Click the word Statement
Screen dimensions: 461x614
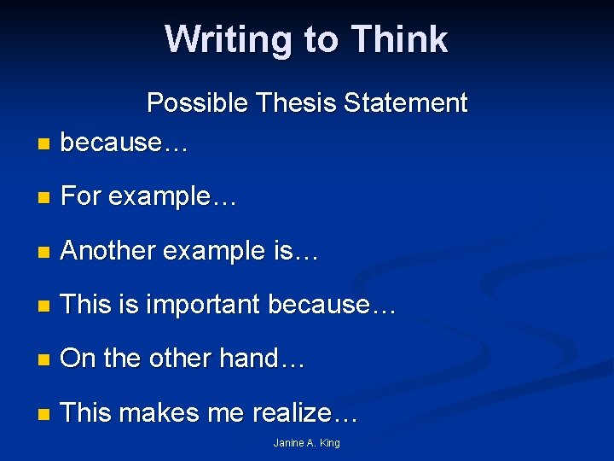point(406,103)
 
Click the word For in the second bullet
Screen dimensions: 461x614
point(81,196)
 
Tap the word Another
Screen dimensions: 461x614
point(108,250)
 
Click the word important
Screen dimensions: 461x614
point(203,305)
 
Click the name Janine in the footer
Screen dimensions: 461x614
point(288,443)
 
